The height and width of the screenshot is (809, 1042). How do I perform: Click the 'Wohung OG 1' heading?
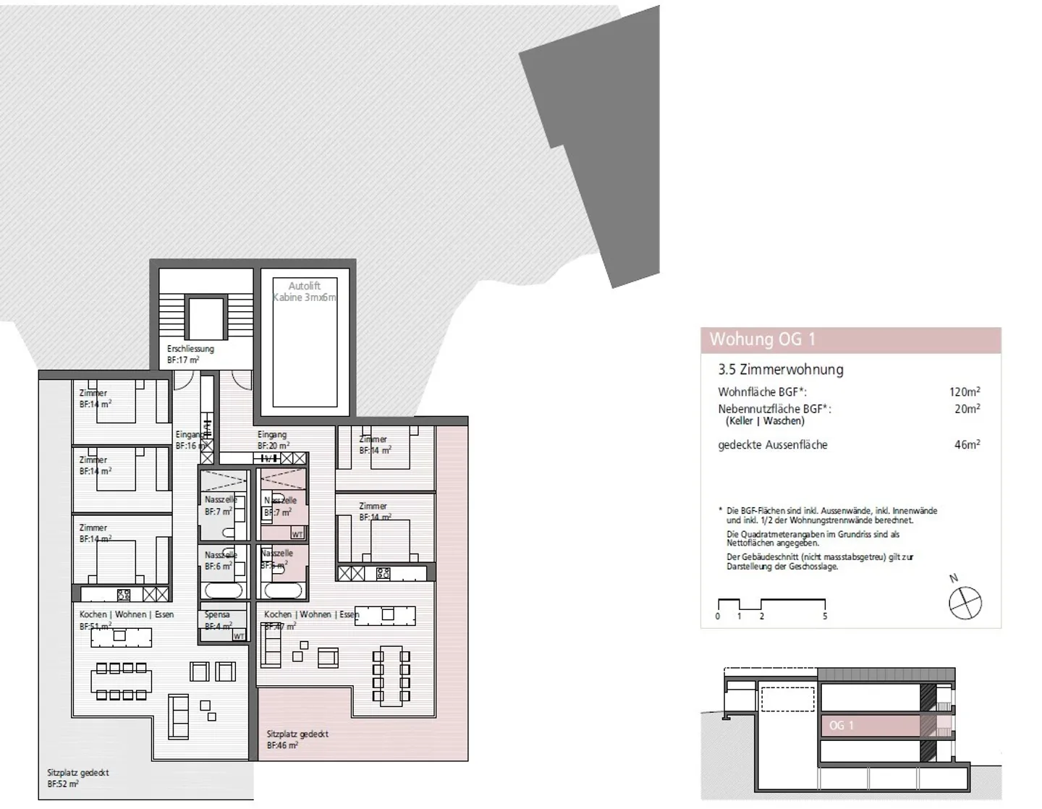[762, 339]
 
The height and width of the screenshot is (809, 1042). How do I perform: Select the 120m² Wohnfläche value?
[965, 391]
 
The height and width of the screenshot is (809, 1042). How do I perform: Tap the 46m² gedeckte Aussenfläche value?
[967, 445]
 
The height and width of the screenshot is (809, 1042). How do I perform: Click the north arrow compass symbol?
[965, 602]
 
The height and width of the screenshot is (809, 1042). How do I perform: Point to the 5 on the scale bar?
[824, 617]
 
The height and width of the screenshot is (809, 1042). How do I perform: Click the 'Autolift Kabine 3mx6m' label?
[305, 292]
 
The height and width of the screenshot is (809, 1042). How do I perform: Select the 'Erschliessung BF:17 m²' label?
[190, 354]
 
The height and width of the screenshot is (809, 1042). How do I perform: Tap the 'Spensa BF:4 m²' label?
[218, 620]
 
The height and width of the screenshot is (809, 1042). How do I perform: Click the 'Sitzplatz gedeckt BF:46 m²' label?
[297, 739]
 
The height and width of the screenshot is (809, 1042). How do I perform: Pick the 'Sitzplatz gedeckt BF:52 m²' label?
[77, 778]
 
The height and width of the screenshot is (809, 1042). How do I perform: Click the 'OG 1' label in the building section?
[842, 725]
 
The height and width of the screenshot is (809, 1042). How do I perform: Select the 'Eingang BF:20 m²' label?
[273, 440]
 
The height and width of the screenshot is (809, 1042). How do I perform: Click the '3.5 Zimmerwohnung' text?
[780, 369]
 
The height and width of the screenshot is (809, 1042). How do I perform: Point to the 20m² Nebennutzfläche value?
[967, 409]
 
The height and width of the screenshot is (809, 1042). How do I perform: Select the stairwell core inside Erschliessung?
[206, 318]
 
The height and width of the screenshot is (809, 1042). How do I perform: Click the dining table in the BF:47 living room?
[391, 675]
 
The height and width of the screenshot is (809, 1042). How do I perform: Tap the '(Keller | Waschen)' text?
[765, 421]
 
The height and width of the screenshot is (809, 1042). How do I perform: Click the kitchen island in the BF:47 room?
[386, 615]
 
